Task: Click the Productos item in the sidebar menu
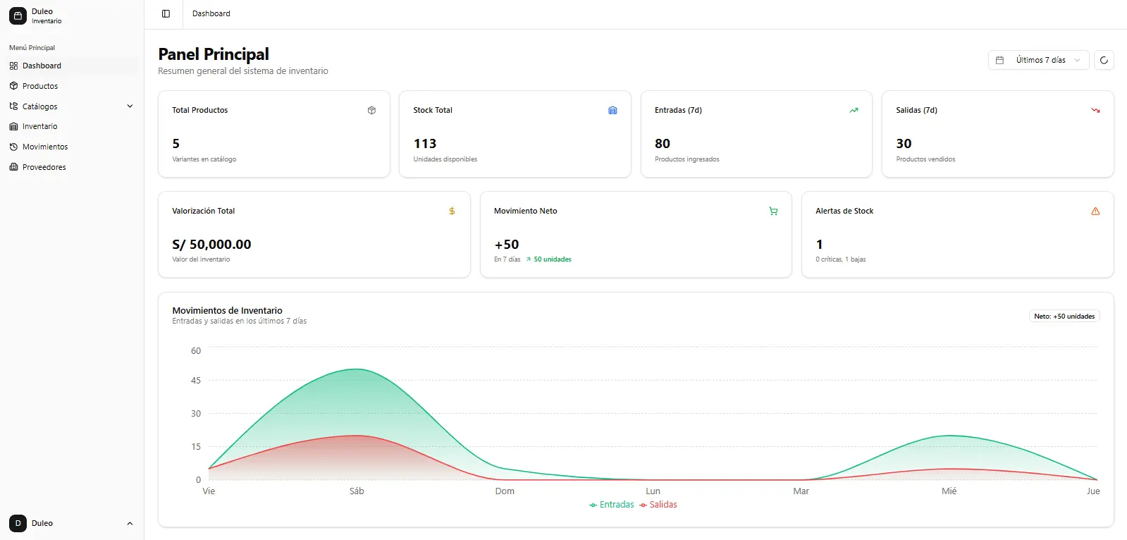(x=39, y=86)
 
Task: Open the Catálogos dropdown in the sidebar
(x=70, y=106)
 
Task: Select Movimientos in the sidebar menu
(x=44, y=147)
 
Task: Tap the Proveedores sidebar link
(x=44, y=167)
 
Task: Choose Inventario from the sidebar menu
(x=39, y=126)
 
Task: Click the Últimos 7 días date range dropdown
(x=1038, y=60)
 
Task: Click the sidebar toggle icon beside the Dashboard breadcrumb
(x=166, y=13)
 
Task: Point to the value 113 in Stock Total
(x=424, y=144)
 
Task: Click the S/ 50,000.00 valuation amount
(x=211, y=245)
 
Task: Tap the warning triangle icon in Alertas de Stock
(x=1095, y=211)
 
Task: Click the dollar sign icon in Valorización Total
(x=452, y=211)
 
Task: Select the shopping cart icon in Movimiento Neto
(x=773, y=211)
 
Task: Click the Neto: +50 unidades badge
(x=1064, y=317)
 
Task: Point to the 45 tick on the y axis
(x=196, y=381)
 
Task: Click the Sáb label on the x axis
(x=357, y=491)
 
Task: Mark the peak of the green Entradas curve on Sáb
(x=357, y=369)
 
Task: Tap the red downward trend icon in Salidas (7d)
(x=1095, y=111)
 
